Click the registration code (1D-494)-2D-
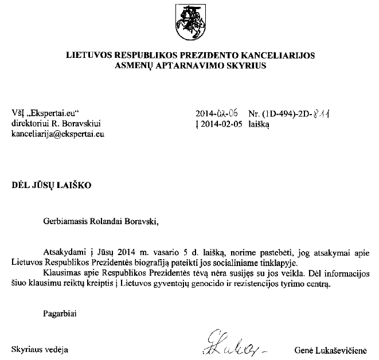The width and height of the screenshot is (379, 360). (x=284, y=114)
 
